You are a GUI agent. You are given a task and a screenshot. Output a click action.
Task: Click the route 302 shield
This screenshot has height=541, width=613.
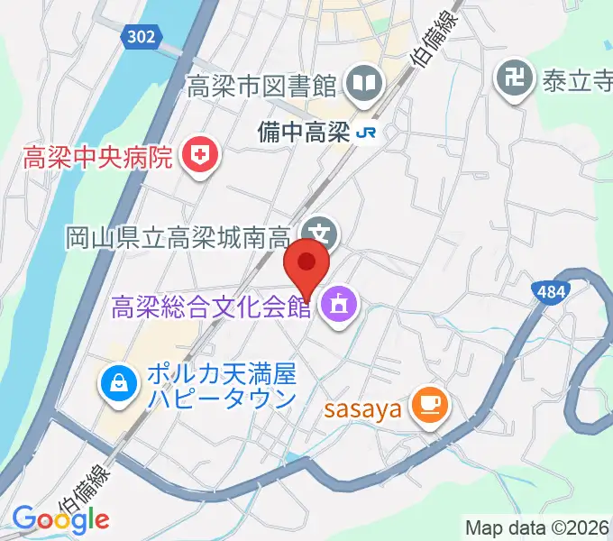(141, 36)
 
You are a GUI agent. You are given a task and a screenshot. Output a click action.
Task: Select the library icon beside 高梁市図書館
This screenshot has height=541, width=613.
(368, 86)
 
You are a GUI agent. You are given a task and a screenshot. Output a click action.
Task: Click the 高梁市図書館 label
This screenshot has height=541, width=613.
(261, 87)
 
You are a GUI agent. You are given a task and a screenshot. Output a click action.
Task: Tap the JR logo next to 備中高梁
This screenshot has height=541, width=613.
(367, 132)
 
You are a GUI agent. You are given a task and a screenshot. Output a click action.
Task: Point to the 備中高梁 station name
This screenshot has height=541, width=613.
(306, 132)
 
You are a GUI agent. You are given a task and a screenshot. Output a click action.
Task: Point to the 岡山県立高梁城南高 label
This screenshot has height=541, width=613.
(177, 237)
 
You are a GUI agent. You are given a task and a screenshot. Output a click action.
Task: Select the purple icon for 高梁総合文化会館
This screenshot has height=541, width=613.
(338, 305)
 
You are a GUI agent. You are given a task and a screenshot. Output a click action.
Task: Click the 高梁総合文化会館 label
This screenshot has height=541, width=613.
(211, 307)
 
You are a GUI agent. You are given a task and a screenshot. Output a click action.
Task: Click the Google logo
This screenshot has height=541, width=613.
(60, 518)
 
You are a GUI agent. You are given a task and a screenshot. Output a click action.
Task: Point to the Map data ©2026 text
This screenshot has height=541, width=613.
(537, 527)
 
